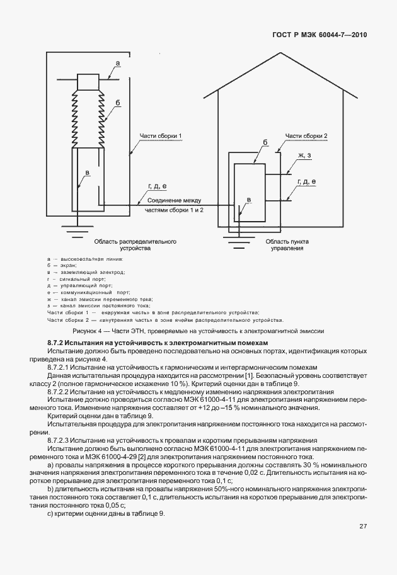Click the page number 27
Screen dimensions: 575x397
pos(363,543)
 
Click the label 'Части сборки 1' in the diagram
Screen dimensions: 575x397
pos(161,136)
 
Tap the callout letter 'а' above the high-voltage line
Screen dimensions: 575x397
pos(118,63)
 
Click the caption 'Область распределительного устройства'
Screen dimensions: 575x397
pos(135,244)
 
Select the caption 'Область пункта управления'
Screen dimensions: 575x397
pos(287,244)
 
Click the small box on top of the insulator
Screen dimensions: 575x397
pos(88,81)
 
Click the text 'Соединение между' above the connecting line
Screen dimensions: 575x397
pos(175,200)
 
